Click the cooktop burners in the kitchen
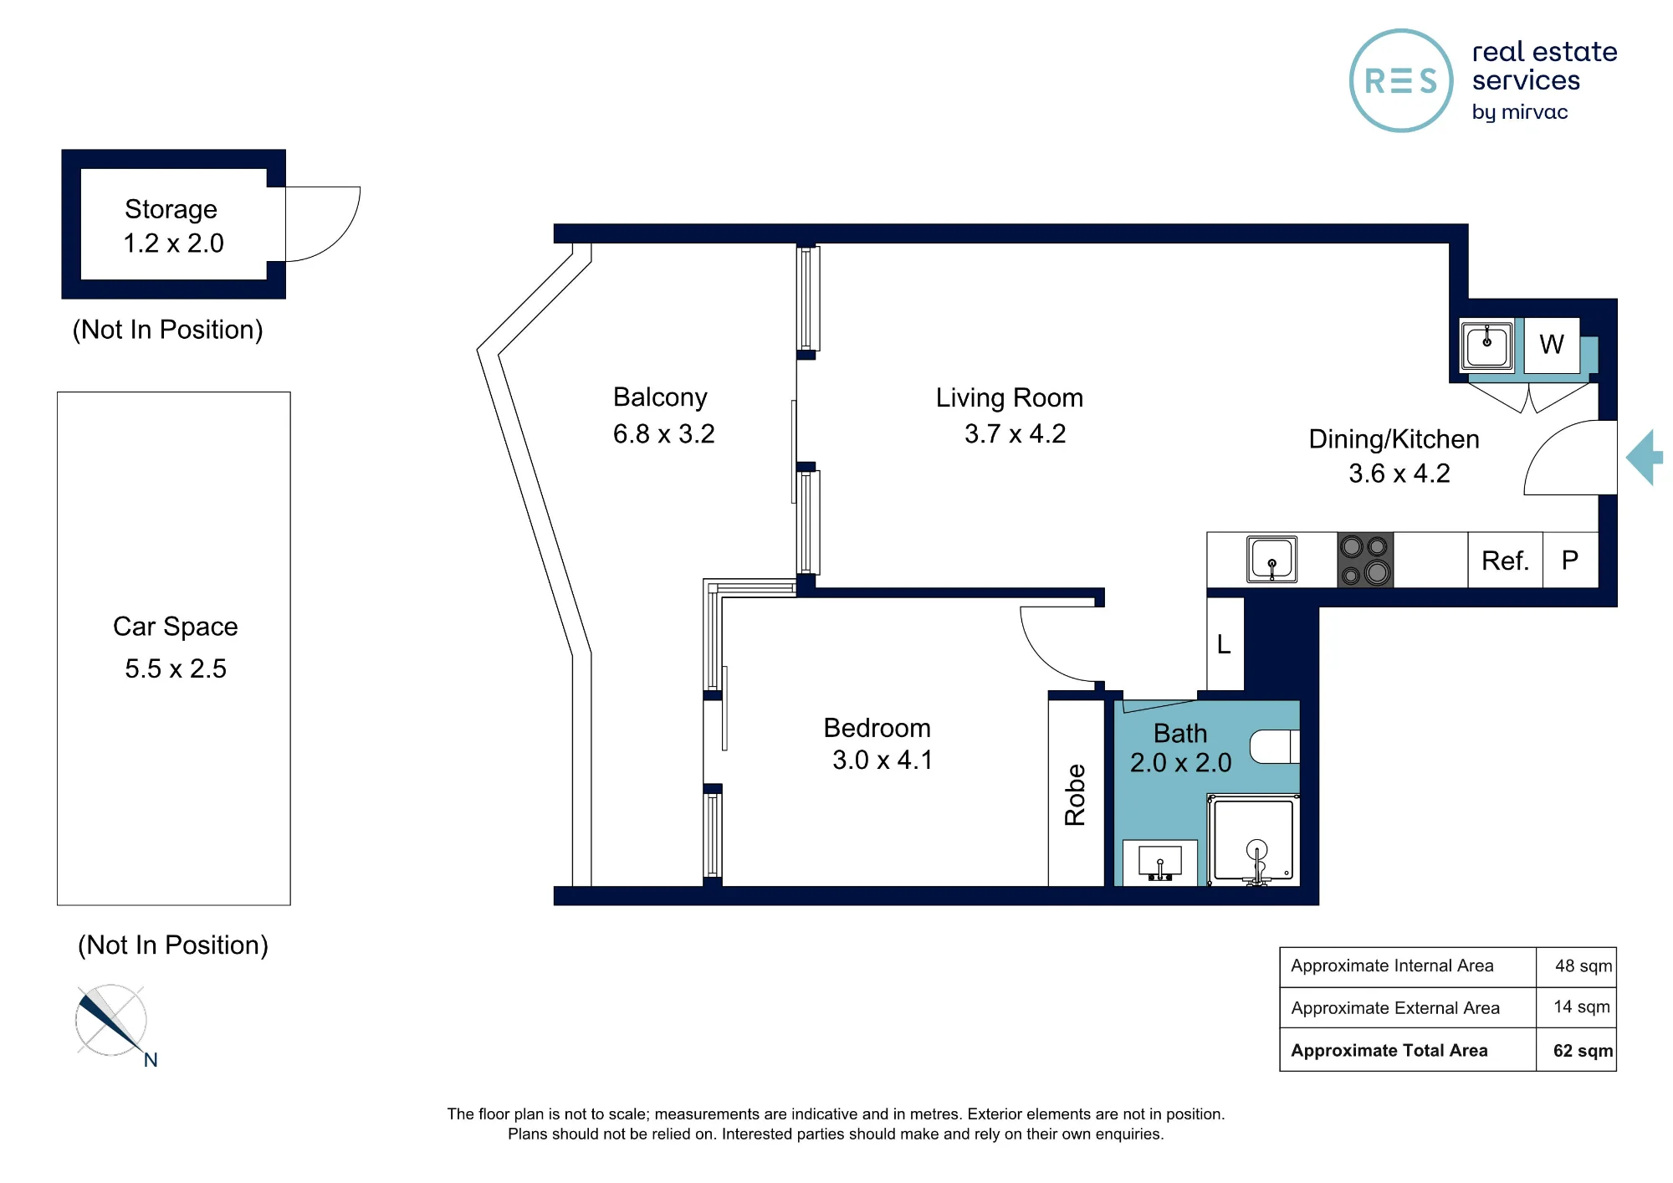[1365, 560]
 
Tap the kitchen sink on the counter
[1271, 559]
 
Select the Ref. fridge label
[1505, 561]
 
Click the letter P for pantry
[1570, 560]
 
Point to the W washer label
[1552, 344]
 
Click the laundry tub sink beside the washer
[1486, 344]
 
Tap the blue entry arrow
[1644, 458]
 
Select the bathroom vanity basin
[1160, 863]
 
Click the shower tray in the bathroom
[1253, 840]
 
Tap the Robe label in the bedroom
[1075, 795]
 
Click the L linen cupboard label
[1224, 644]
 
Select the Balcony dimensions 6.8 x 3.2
[663, 434]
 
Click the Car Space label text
[176, 627]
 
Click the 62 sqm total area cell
[1583, 1051]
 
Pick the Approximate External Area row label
[1395, 1008]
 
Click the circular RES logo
[1401, 81]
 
